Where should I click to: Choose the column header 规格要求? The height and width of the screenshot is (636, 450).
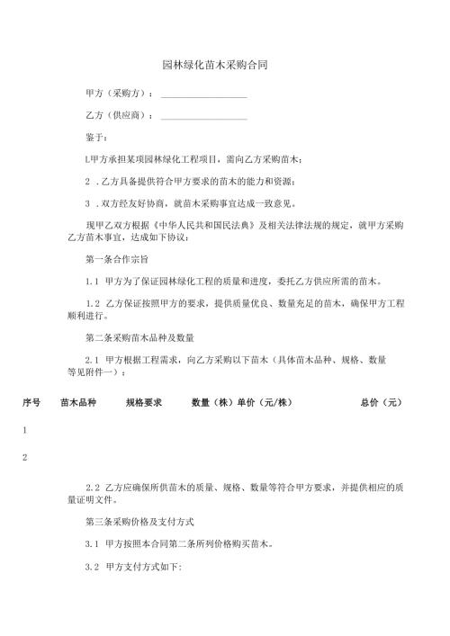[x=144, y=403]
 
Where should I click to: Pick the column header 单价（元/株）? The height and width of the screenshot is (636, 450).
[x=265, y=403]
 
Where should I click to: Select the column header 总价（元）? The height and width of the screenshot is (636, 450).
[x=381, y=403]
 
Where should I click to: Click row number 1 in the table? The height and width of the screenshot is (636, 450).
[x=25, y=431]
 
